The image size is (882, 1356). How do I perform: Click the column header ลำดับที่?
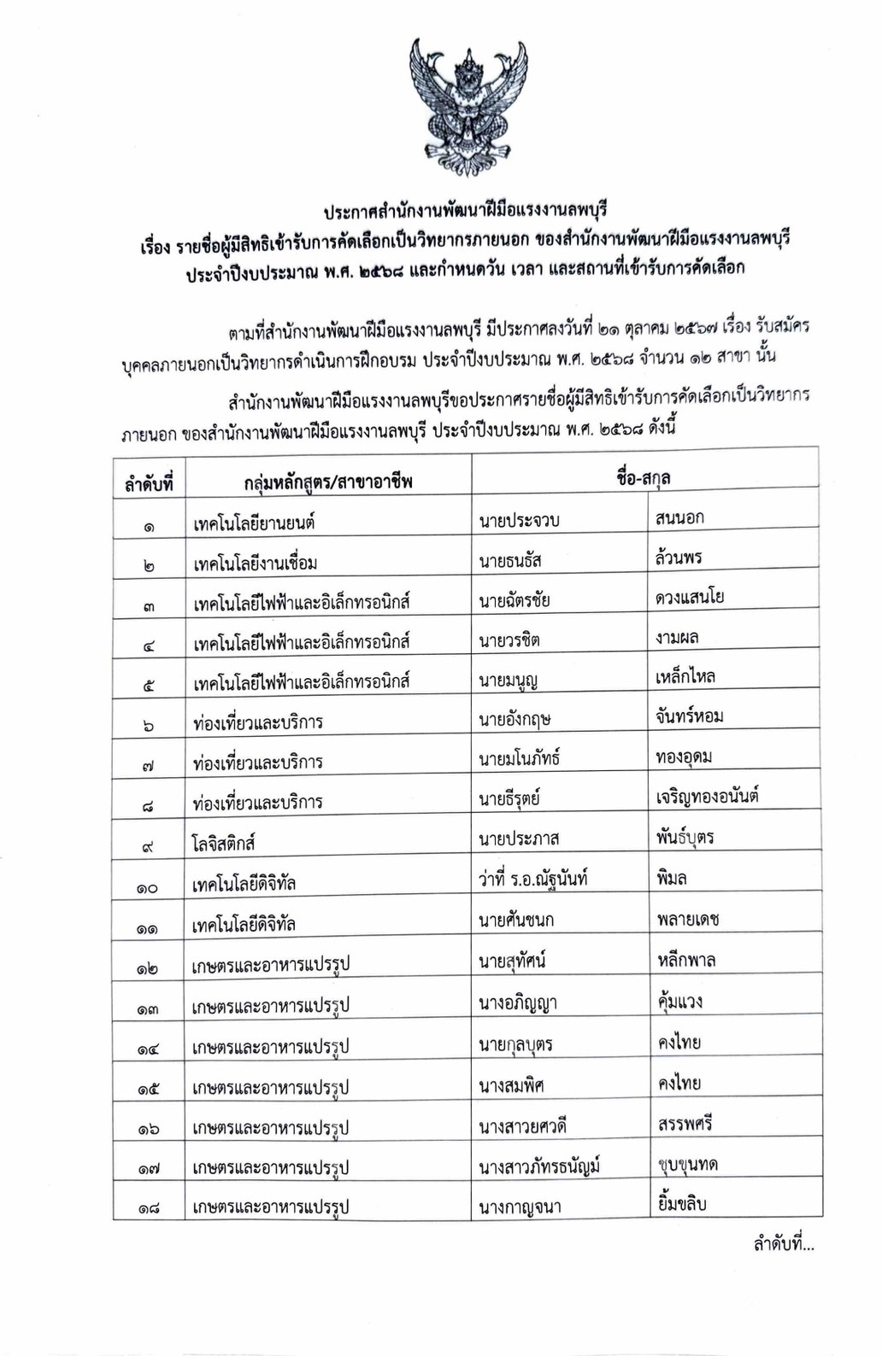[149, 483]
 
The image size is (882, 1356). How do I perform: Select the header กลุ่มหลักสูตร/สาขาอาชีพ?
[328, 482]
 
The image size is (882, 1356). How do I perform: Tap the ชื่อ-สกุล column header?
[644, 478]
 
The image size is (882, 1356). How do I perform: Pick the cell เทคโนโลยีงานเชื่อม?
[256, 563]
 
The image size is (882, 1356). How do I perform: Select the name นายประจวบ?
[520, 520]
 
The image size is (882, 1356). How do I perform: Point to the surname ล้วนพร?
[679, 557]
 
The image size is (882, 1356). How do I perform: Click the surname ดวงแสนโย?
[690, 597]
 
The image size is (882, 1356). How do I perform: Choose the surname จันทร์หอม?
[690, 716]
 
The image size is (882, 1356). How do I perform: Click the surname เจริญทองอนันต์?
[708, 797]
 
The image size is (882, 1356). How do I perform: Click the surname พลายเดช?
[689, 919]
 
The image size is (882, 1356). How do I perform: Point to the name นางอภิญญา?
[518, 1002]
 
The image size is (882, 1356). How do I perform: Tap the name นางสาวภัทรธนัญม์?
[540, 1166]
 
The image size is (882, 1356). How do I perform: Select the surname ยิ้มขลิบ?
[682, 1203]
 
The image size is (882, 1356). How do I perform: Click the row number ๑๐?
[147, 888]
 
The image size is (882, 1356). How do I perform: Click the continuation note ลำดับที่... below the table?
[783, 1244]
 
